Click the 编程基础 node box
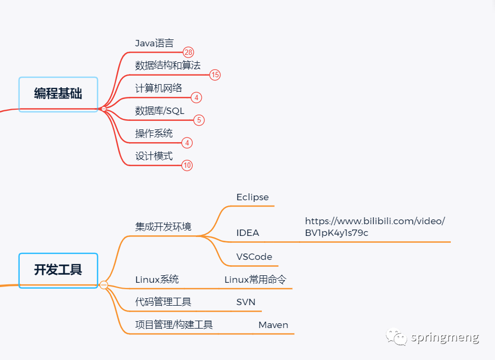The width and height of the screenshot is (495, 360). (58, 94)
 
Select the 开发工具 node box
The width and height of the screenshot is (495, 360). (58, 270)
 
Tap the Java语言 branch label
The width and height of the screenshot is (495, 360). (154, 43)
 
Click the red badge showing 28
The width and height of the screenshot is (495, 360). (188, 52)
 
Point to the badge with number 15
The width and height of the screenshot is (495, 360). (214, 75)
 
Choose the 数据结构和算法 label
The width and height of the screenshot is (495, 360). (168, 66)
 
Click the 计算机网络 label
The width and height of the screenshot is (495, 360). (159, 88)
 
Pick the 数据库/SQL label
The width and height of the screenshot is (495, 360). (160, 111)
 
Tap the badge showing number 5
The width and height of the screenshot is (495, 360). (199, 120)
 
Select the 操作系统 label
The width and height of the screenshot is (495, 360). (154, 134)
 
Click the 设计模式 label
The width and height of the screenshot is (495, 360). (154, 157)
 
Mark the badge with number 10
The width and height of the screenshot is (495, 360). (187, 166)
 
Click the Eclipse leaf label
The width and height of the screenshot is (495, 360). (252, 197)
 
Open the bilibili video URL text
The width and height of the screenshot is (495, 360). (375, 227)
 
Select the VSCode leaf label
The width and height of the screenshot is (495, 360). (254, 257)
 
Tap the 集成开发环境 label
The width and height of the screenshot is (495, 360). (163, 227)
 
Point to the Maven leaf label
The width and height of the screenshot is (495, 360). (274, 325)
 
